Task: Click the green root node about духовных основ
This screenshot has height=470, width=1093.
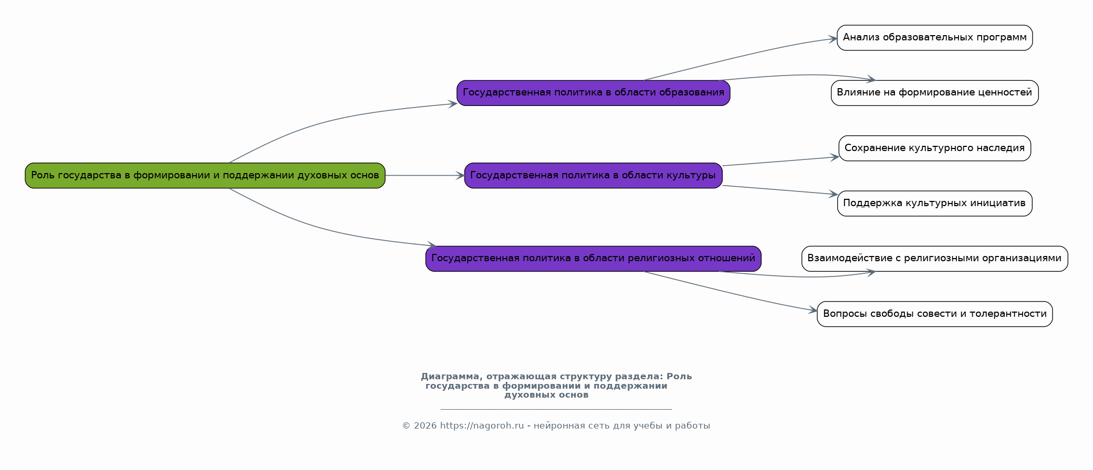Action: [205, 175]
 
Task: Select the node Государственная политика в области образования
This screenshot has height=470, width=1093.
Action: [593, 93]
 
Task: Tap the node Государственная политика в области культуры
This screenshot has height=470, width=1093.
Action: [593, 175]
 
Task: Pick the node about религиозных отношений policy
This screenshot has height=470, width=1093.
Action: [593, 259]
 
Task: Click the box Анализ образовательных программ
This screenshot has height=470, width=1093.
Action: [934, 38]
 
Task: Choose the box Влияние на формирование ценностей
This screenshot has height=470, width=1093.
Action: [934, 93]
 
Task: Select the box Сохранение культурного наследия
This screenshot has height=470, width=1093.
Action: [934, 148]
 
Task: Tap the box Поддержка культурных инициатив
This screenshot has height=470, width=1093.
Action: [934, 203]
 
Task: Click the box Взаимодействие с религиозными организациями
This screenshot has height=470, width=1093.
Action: [934, 259]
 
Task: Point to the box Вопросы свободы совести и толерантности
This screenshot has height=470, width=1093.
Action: [934, 314]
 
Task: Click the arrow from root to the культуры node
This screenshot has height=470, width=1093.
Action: [425, 175]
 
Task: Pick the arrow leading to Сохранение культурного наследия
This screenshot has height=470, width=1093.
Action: [780, 161]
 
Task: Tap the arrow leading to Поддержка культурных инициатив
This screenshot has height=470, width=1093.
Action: [780, 190]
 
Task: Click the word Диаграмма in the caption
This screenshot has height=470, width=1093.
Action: [450, 376]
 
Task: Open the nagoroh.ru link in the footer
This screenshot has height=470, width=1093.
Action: [482, 425]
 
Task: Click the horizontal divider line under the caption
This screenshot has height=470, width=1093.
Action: [556, 409]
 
